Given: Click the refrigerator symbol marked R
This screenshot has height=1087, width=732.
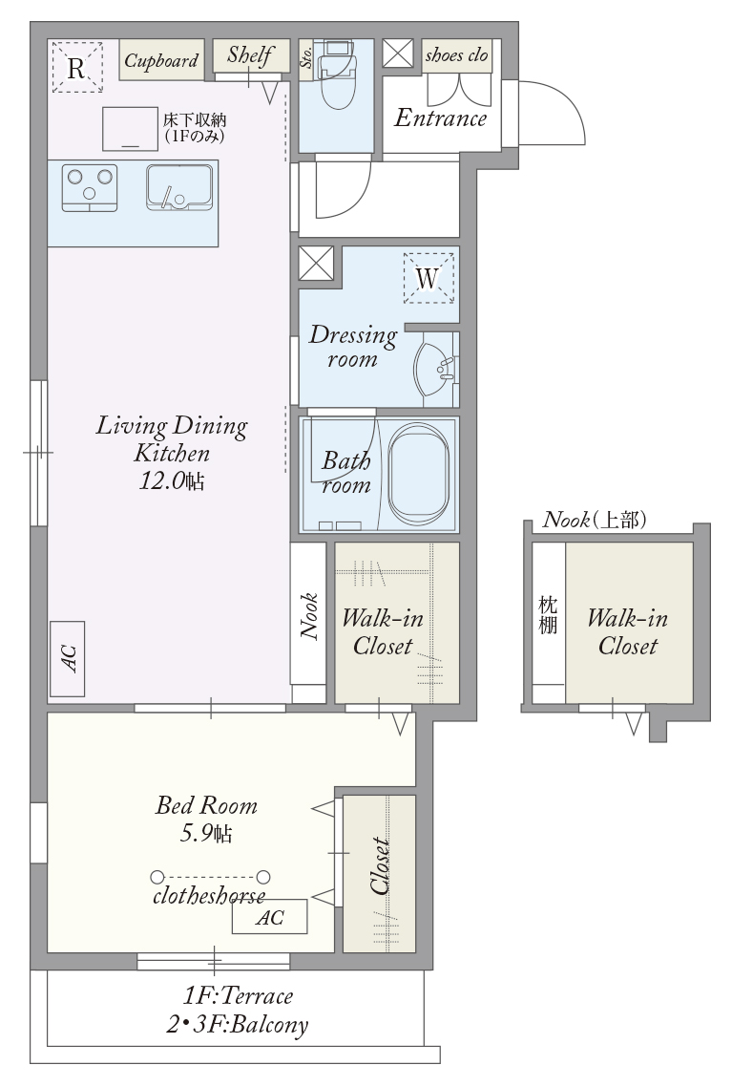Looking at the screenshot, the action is (x=77, y=67).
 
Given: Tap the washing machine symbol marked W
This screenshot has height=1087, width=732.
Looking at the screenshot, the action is (x=429, y=278).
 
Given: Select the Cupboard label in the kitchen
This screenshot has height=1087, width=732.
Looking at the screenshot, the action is (x=161, y=60).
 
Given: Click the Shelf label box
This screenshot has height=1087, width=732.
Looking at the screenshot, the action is (x=251, y=54).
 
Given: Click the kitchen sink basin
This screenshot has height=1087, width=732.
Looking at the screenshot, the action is (x=178, y=187).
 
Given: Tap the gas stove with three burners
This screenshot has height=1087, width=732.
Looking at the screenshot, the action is (x=90, y=187).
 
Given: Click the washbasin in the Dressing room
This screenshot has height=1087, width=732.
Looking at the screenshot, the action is (x=433, y=370).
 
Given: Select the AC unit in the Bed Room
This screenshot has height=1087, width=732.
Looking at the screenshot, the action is (x=269, y=917).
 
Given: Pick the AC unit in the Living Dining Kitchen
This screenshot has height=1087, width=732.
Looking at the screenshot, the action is (x=67, y=658).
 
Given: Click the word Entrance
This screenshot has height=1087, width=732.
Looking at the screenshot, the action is (x=441, y=117).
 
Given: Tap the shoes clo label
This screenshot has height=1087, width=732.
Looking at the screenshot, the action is (x=457, y=55).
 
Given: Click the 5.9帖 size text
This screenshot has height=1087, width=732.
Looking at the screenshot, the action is (x=206, y=832).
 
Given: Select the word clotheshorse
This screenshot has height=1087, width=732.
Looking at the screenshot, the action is (x=209, y=895).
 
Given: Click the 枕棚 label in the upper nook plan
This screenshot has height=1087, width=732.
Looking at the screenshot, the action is (x=548, y=614).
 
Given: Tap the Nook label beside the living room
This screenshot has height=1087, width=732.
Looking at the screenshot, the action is (x=308, y=615).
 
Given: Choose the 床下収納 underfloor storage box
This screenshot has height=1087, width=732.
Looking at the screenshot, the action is (x=130, y=129).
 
